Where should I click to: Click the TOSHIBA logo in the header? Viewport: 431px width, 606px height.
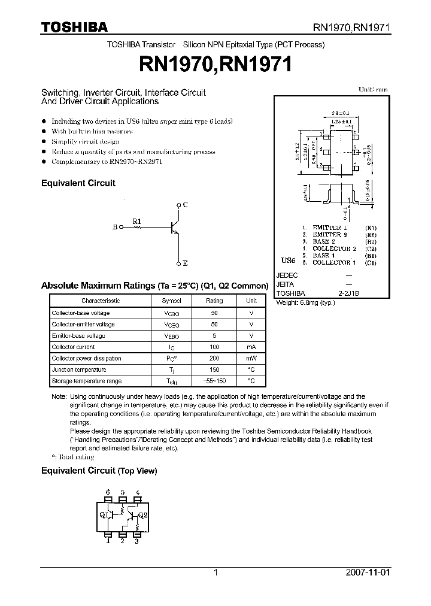pos(74,27)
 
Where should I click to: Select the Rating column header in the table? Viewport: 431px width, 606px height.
pos(214,301)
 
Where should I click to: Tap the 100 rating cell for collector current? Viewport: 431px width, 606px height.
pos(214,347)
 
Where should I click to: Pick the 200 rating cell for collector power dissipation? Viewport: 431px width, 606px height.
pos(214,358)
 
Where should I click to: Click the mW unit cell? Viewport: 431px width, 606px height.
pos(251,358)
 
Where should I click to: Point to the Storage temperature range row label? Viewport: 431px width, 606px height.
pos(86,381)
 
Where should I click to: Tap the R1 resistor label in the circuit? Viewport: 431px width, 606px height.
pos(137,221)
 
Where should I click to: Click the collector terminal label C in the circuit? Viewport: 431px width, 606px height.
pos(186,205)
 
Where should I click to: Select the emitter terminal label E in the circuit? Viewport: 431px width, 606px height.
pos(186,263)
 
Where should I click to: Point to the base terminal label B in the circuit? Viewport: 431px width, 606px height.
pos(115,228)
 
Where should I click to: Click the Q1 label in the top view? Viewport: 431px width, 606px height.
pos(103,514)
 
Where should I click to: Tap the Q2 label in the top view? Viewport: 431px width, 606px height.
pos(142,514)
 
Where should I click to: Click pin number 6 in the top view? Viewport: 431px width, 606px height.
pos(108,492)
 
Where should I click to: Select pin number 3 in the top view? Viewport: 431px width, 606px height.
pos(136,541)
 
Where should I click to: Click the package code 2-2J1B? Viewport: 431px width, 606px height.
pos(348,293)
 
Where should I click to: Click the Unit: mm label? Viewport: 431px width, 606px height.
pos(372,89)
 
